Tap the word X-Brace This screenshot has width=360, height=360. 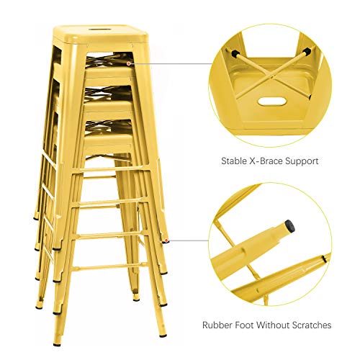tap(270, 161)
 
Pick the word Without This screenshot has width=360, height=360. tap(282, 325)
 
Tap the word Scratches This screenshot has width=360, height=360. tap(316, 325)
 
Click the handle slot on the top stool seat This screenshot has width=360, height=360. tap(92, 30)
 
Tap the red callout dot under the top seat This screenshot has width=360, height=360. tap(128, 63)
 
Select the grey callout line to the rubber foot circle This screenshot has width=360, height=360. tap(187, 241)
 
